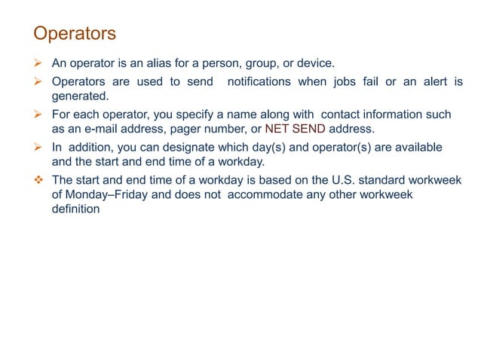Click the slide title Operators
coord(75,34)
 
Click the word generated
coord(81,96)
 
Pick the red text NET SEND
coord(295,129)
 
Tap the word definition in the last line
coord(75,209)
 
